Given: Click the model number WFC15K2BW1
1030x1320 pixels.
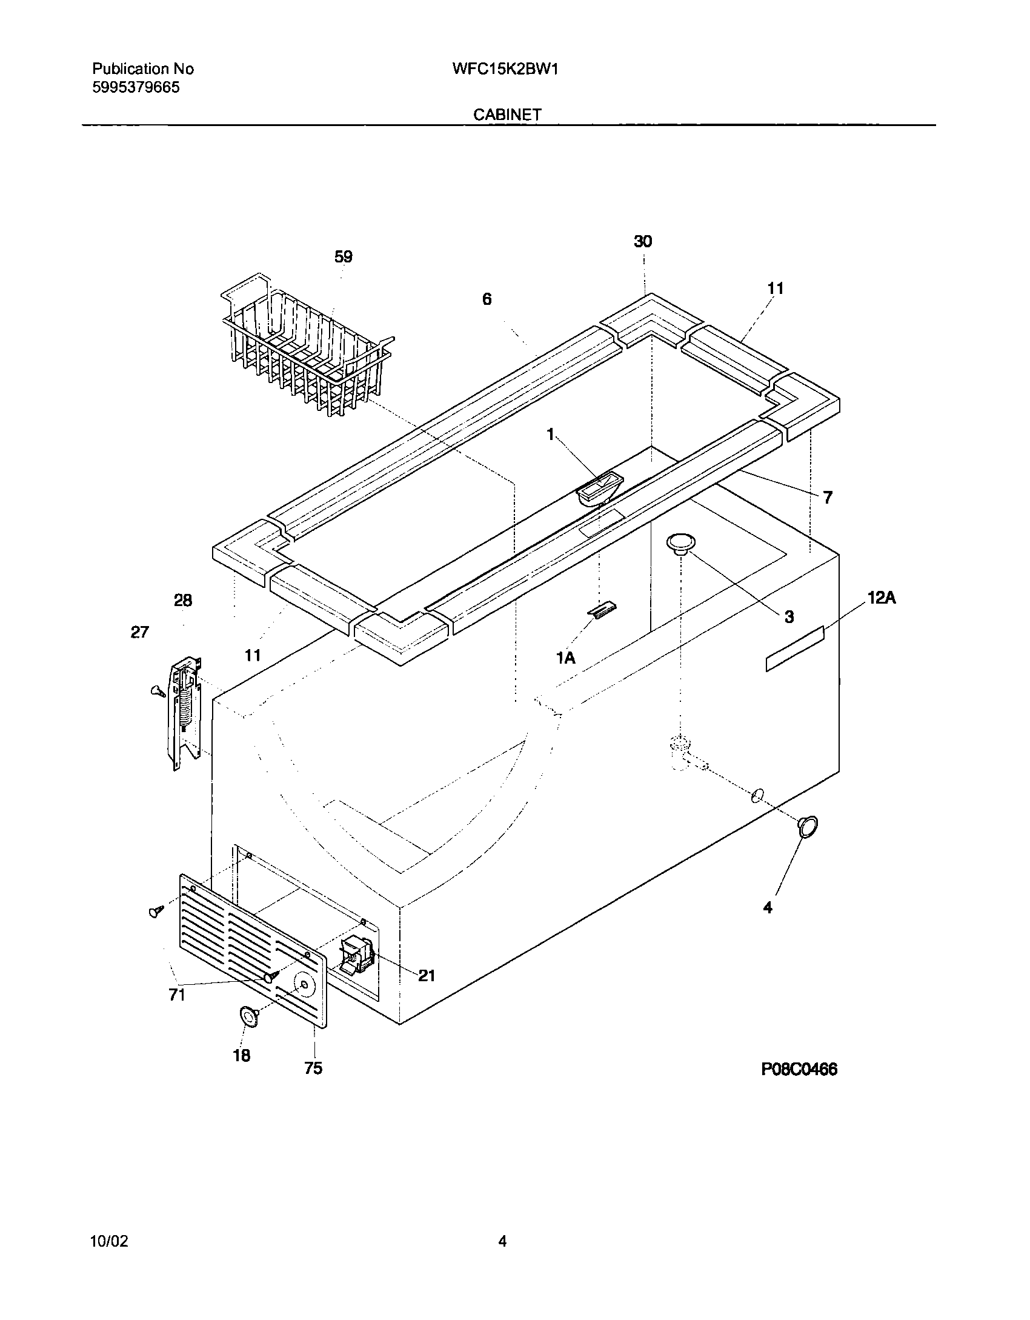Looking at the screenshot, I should (505, 69).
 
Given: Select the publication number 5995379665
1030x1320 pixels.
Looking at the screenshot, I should (136, 88).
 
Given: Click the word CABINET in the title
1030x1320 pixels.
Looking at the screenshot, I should (507, 115).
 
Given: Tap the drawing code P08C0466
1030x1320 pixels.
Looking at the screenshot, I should (799, 1069).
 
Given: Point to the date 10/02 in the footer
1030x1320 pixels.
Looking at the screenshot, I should (109, 1241).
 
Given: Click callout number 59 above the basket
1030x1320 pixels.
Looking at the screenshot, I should (343, 257).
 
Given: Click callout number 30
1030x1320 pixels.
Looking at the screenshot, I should (643, 242).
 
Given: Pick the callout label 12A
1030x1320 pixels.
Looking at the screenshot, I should (882, 598).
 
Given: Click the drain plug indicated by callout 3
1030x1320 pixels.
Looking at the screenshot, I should (680, 543).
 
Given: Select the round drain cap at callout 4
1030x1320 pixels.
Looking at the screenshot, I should (808, 827).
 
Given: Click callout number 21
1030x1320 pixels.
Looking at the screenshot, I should (427, 975).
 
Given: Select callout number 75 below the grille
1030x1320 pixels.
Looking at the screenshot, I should (313, 1068).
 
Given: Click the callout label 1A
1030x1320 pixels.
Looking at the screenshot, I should (565, 658).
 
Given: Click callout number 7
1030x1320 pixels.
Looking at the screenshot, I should (828, 498).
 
